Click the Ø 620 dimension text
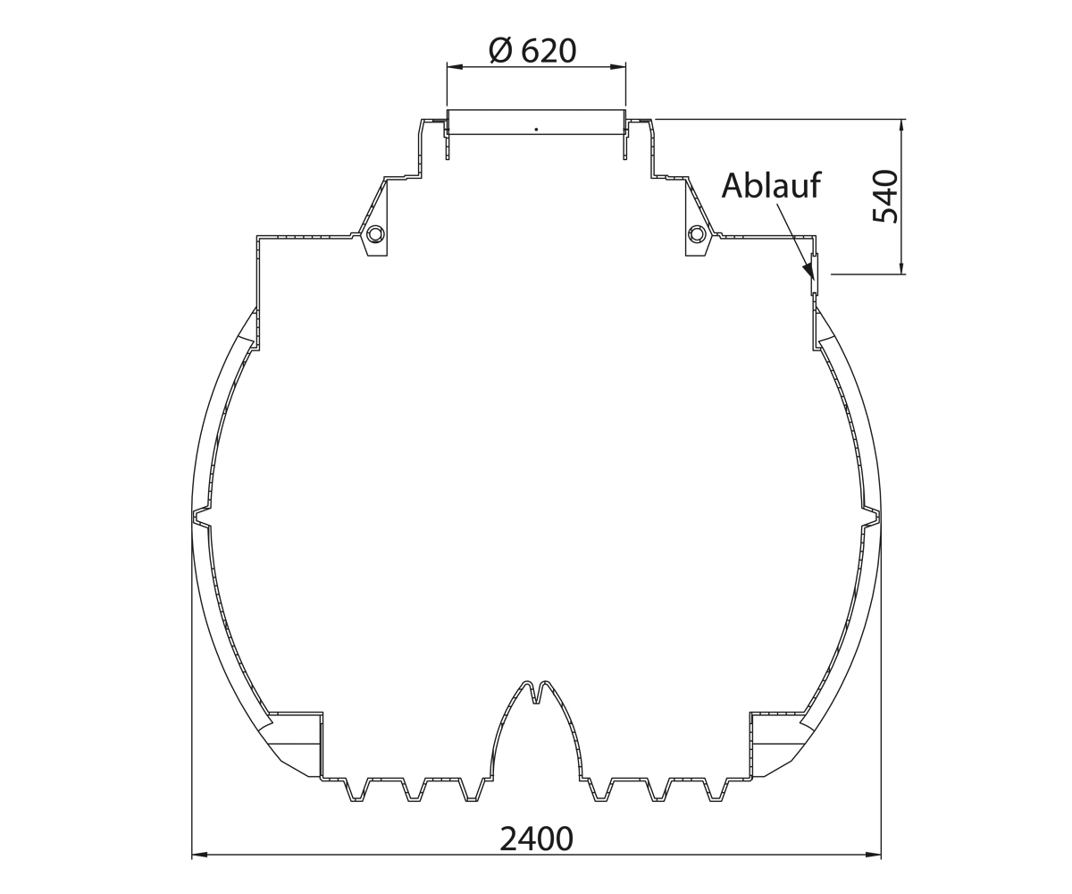pyautogui.click(x=533, y=51)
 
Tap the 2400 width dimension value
pyautogui.click(x=536, y=839)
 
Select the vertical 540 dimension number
pyautogui.click(x=885, y=197)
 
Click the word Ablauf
pyautogui.click(x=771, y=185)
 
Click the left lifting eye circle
pyautogui.click(x=376, y=234)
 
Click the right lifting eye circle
pyautogui.click(x=696, y=234)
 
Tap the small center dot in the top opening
pyautogui.click(x=536, y=129)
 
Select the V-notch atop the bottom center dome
pyautogui.click(x=536, y=693)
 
